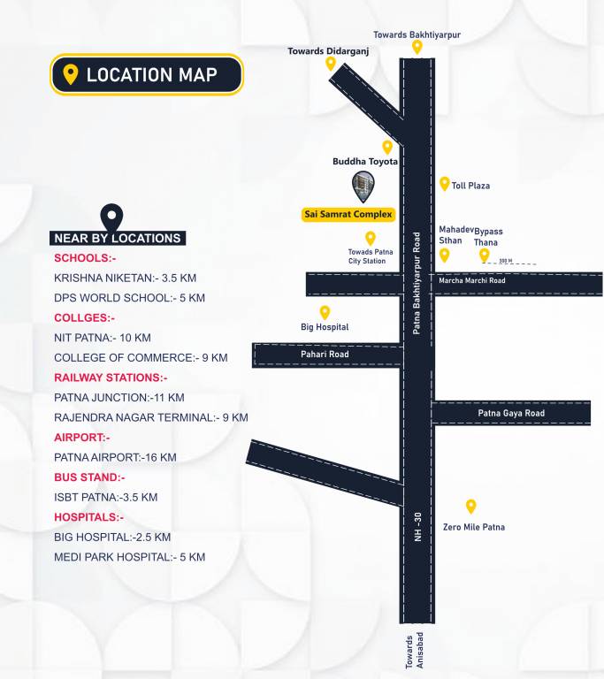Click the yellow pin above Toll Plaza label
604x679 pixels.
[445, 184]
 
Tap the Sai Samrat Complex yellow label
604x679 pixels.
[348, 214]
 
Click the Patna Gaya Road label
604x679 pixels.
[511, 413]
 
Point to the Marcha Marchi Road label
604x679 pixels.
[471, 281]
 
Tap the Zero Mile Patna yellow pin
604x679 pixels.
[471, 507]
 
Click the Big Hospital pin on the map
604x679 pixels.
[325, 312]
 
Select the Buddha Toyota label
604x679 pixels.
[365, 162]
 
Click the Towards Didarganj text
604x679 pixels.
[328, 51]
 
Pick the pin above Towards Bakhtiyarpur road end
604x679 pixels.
[417, 46]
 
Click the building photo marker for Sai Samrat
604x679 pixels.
[363, 187]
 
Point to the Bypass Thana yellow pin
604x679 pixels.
[485, 255]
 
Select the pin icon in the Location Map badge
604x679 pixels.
[71, 74]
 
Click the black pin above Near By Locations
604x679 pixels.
[111, 216]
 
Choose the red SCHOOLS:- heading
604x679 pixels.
[85, 258]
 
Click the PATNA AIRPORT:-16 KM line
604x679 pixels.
[115, 457]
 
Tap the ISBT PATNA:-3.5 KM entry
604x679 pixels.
[105, 497]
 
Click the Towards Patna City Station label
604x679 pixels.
[366, 256]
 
